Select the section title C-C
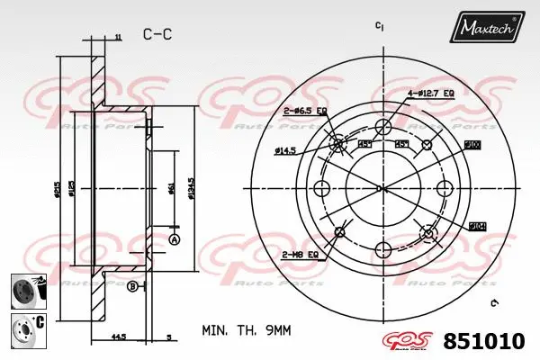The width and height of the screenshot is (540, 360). [x=157, y=34]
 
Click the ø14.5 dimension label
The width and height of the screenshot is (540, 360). [x=287, y=150]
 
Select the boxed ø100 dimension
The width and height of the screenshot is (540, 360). [x=472, y=144]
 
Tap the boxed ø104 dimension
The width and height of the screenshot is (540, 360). [x=476, y=227]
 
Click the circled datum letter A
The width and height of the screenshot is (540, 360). [x=175, y=239]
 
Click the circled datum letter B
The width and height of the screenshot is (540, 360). [x=132, y=286]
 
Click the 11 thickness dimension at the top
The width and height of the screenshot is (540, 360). [x=118, y=37]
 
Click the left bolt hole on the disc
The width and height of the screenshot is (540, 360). [x=324, y=188]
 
